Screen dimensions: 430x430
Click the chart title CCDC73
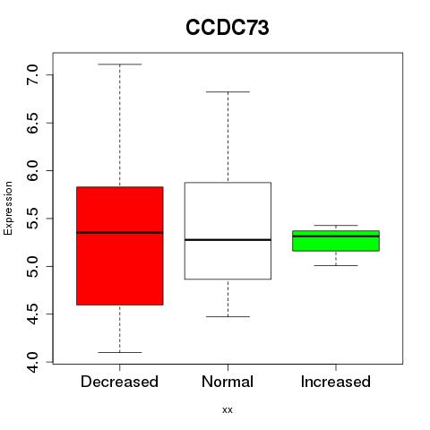[x=228, y=28]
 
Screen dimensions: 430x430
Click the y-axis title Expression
[x=8, y=208]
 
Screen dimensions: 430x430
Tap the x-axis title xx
[x=228, y=409]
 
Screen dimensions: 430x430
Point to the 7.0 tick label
[x=32, y=74]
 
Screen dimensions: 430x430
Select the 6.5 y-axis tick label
[x=32, y=123]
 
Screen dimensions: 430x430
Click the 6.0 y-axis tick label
[x=32, y=170]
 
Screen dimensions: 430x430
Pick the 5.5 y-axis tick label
[x=32, y=219]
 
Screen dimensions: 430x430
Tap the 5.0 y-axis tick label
[x=32, y=266]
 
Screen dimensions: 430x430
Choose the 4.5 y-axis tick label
[x=32, y=314]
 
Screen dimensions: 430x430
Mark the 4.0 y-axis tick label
[x=32, y=362]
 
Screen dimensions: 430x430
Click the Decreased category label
[x=119, y=382]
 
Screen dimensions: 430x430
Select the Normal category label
[x=228, y=382]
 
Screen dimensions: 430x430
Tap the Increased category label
[x=336, y=382]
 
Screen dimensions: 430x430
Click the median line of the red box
[x=120, y=232]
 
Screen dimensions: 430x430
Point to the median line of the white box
[x=228, y=240]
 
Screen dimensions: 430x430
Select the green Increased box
[x=336, y=241]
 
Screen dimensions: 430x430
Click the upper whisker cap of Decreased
[x=120, y=64]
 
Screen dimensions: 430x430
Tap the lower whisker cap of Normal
[x=228, y=316]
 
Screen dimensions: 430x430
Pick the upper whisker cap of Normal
[x=228, y=92]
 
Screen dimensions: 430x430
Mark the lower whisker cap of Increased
[x=336, y=265]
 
